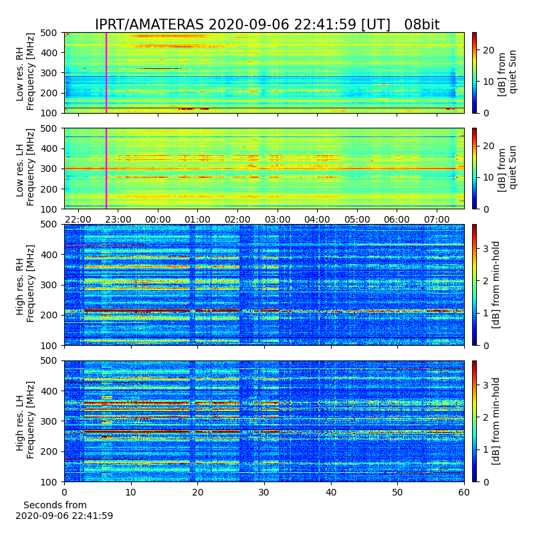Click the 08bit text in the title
pyautogui.click(x=422, y=25)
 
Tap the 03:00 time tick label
pyautogui.click(x=278, y=219)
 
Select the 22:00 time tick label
pyautogui.click(x=78, y=219)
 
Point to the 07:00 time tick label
pyautogui.click(x=437, y=219)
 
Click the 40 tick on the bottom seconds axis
pyautogui.click(x=331, y=492)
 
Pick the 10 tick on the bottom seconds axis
pyautogui.click(x=131, y=492)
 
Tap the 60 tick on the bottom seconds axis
pyautogui.click(x=464, y=492)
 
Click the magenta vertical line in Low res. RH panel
pyautogui.click(x=106, y=73)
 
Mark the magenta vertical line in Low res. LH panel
pyautogui.click(x=106, y=169)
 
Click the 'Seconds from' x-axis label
pyautogui.click(x=55, y=505)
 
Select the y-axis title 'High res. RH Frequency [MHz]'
pyautogui.click(x=25, y=284)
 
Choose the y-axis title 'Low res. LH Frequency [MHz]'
pyautogui.click(x=25, y=167)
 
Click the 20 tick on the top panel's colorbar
pyautogui.click(x=489, y=50)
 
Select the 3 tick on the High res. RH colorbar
pyautogui.click(x=486, y=248)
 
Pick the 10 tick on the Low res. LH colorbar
pyautogui.click(x=489, y=177)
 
